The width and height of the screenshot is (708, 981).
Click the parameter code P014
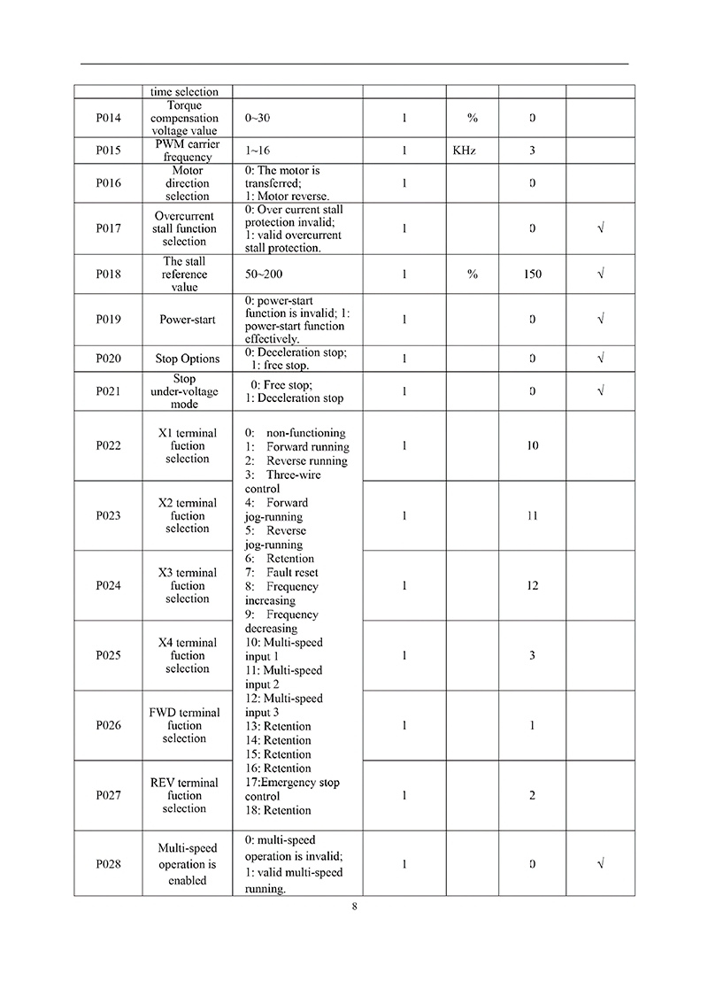[108, 118]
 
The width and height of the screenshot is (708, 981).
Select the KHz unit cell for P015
[464, 151]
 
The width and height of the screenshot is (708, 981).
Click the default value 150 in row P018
[532, 274]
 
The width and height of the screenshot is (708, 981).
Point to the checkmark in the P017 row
[601, 228]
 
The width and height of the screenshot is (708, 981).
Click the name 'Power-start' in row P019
[187, 320]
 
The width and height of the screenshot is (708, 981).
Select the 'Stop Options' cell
[187, 359]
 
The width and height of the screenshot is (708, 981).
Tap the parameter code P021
[108, 391]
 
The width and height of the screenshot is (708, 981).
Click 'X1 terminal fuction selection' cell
[187, 445]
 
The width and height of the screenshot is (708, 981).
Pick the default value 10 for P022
[532, 445]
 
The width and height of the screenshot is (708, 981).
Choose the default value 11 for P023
[532, 515]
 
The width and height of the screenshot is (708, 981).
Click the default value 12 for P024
[532, 585]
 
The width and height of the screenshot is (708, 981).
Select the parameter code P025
[108, 655]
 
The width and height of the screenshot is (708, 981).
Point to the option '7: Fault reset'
[281, 573]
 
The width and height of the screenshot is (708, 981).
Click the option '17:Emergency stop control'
[291, 789]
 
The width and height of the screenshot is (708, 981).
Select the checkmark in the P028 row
[601, 863]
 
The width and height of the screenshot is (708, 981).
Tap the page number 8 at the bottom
[354, 906]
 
